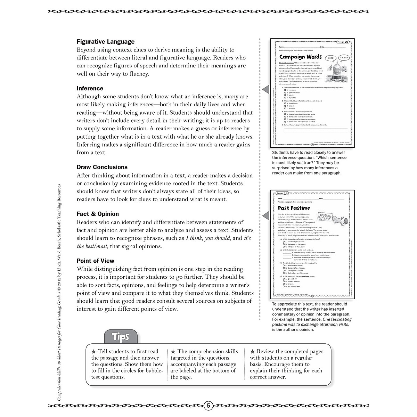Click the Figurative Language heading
pyautogui.click(x=105, y=42)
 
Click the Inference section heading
pyautogui.click(x=90, y=89)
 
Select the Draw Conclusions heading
pyautogui.click(x=102, y=167)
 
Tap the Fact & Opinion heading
pyautogui.click(x=98, y=214)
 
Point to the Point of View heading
pyautogui.click(x=95, y=261)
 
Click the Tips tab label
pyautogui.click(x=121, y=336)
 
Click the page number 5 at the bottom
pyautogui.click(x=208, y=405)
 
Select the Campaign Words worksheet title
pyautogui.click(x=301, y=57)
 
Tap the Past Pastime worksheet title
pyautogui.click(x=294, y=208)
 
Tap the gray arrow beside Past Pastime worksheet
pyautogui.click(x=265, y=216)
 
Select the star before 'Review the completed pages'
pyautogui.click(x=253, y=352)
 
